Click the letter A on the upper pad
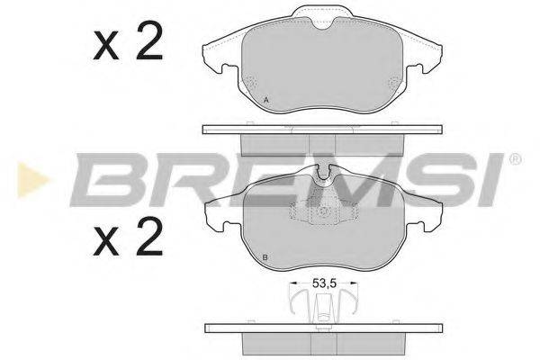coord(265,98)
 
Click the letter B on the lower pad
coord(265,259)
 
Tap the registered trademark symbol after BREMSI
coord(515,159)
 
